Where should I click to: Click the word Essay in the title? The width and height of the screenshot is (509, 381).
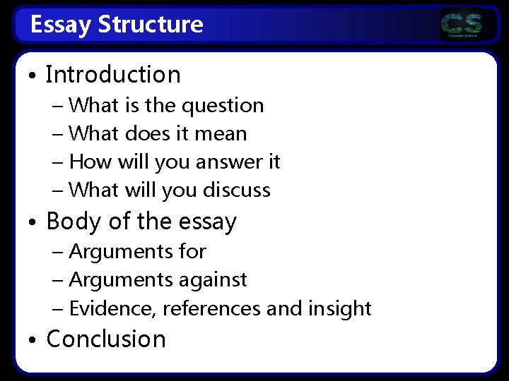(x=62, y=25)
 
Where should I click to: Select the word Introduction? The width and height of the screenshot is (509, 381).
(x=113, y=74)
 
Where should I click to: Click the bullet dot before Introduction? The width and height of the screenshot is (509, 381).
(x=33, y=75)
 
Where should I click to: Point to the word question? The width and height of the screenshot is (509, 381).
(x=222, y=106)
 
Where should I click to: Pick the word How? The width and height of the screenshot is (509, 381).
(x=86, y=162)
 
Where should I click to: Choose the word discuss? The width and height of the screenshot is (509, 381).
(x=236, y=190)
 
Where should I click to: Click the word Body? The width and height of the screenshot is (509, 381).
(x=71, y=222)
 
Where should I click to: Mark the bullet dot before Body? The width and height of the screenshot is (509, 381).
(x=33, y=222)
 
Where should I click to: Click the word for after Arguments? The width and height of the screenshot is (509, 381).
(x=192, y=250)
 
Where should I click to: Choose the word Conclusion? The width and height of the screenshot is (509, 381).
(x=106, y=339)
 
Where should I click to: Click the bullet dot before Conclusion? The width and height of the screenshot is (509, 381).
(x=33, y=339)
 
